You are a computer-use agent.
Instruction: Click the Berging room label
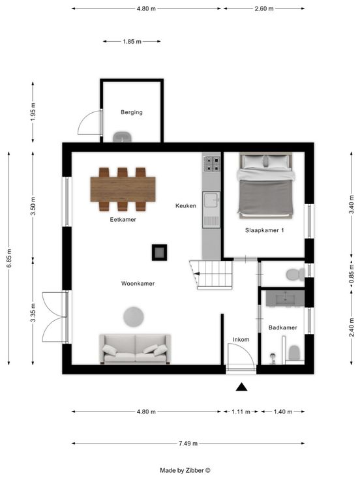pyautogui.click(x=132, y=112)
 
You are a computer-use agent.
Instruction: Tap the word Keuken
pyautogui.click(x=186, y=205)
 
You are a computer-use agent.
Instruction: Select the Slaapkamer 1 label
pyautogui.click(x=265, y=230)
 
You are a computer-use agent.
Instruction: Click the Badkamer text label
pyautogui.click(x=283, y=327)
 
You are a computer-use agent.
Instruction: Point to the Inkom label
pyautogui.click(x=241, y=340)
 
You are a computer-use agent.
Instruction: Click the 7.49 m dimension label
pyautogui.click(x=188, y=443)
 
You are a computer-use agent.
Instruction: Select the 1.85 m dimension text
pyautogui.click(x=132, y=41)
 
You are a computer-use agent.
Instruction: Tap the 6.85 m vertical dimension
pyautogui.click(x=9, y=258)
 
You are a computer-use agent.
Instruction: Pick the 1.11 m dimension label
pyautogui.click(x=241, y=412)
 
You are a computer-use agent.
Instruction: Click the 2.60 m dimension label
pyautogui.click(x=264, y=9)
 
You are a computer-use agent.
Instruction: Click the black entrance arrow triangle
pyautogui.click(x=241, y=387)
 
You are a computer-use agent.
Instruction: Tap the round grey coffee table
pyautogui.click(x=134, y=316)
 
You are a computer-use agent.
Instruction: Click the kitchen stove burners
pyautogui.click(x=211, y=164)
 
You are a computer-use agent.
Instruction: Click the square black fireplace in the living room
pyautogui.click(x=160, y=252)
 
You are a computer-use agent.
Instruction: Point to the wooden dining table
pyautogui.click(x=123, y=189)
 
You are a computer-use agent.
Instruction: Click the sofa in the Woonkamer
pyautogui.click(x=135, y=349)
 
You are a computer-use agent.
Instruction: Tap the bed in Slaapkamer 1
pyautogui.click(x=265, y=186)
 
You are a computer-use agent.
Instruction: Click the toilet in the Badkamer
pyautogui.click(x=294, y=352)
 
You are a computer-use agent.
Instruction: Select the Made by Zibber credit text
pyautogui.click(x=185, y=470)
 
